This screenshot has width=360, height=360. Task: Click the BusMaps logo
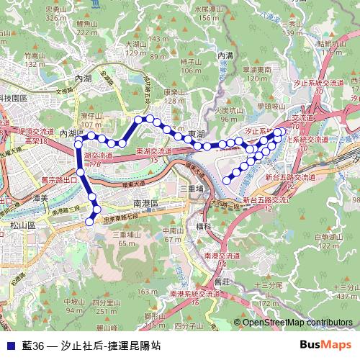click(x=330, y=345)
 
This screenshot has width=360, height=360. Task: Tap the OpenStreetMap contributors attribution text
click(x=297, y=323)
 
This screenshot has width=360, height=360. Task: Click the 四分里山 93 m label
click(x=105, y=306)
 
